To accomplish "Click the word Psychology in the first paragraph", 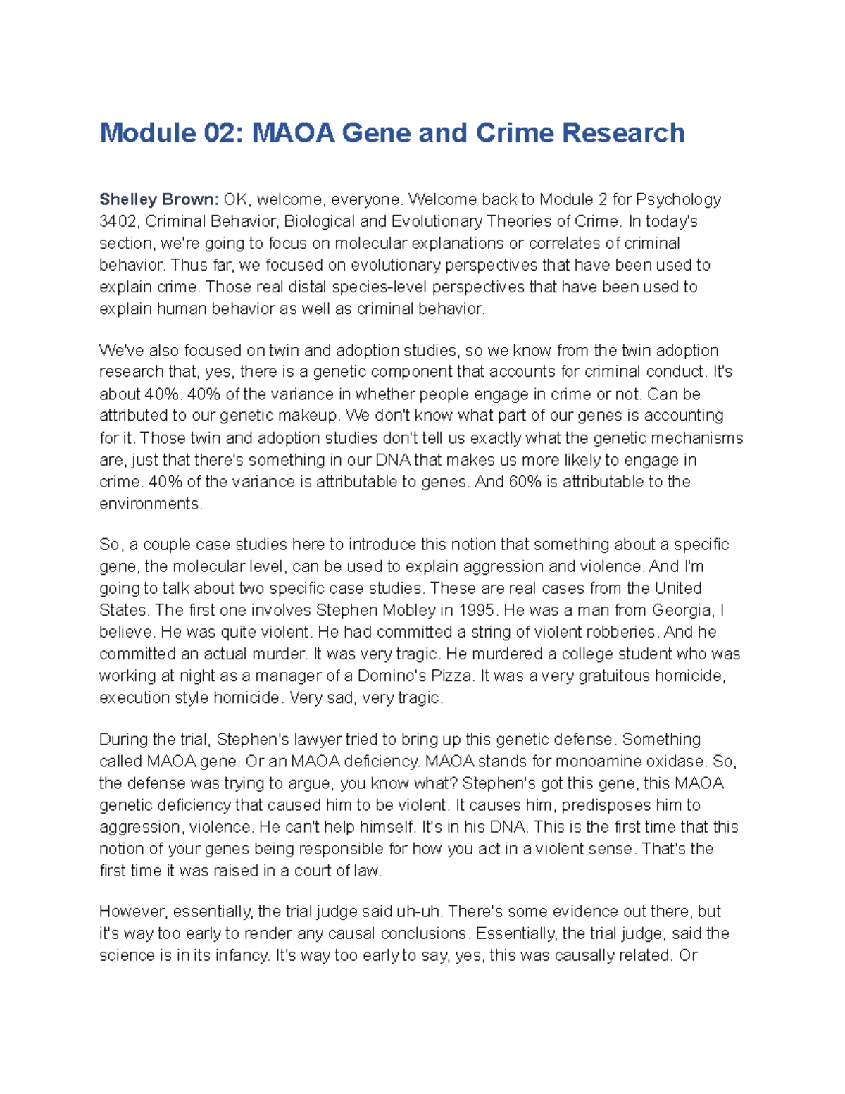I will click(x=678, y=199).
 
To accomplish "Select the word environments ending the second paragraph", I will click(x=150, y=504).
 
